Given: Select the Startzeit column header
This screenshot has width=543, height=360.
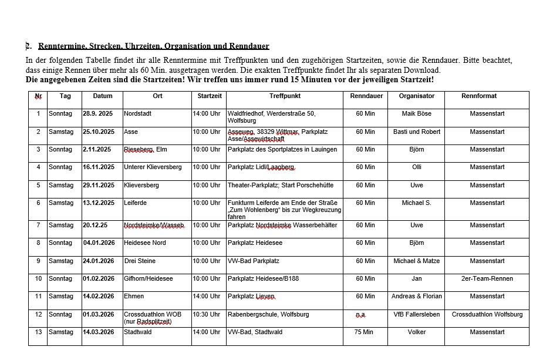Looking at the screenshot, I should coord(210,96).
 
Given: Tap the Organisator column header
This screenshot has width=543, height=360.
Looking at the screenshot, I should coord(416,96).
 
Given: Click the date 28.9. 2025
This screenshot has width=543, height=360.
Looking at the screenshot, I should coord(98,113).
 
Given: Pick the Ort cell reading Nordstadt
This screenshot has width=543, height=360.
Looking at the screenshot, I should coord(137,113).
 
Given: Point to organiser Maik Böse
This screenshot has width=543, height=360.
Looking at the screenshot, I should coord(416,113).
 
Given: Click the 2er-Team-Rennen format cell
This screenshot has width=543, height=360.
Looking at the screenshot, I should coord(487,278).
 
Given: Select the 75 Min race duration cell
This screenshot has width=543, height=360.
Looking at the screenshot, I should coord(365,332).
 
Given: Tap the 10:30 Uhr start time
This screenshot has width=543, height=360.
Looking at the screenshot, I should coord(207,314).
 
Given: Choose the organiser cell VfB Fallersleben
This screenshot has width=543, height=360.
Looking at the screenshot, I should coord(416,314).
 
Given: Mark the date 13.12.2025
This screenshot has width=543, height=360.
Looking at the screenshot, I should coord(99,203).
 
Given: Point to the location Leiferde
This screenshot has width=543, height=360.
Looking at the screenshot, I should coord(136,203).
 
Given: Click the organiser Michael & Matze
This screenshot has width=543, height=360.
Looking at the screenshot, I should coord(416,261).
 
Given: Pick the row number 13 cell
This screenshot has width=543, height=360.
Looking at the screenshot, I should coord(38,332).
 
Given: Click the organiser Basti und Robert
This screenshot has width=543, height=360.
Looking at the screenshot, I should coord(416,132).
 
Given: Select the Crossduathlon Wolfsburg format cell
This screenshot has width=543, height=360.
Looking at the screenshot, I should coord(487,314).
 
